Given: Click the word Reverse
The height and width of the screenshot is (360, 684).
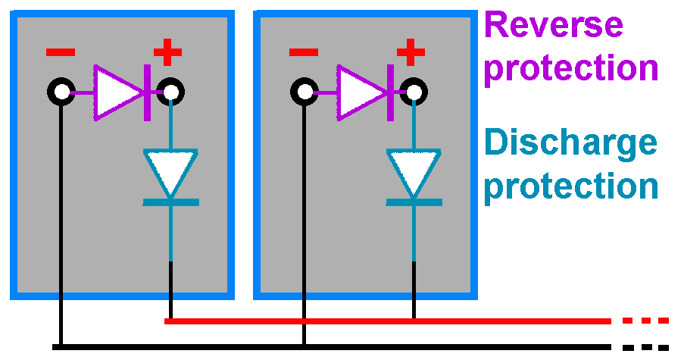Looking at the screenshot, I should [x=554, y=25].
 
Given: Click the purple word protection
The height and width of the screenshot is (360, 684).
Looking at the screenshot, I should [x=571, y=68].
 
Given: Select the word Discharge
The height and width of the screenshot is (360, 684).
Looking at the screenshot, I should [x=570, y=142].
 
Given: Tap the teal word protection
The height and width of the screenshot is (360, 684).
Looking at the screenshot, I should [x=571, y=186].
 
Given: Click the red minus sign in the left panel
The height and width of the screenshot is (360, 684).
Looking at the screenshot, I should [x=61, y=52].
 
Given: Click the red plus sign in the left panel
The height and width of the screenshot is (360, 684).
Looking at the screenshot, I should [x=167, y=53].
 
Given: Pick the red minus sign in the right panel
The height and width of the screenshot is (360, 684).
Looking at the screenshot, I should [x=304, y=52].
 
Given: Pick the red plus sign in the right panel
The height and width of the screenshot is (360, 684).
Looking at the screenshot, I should [x=411, y=53].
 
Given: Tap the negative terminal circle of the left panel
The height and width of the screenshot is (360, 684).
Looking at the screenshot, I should [x=61, y=92].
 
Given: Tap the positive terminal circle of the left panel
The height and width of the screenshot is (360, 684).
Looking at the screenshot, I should [x=170, y=92].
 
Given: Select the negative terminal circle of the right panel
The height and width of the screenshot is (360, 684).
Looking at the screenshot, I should [x=305, y=92].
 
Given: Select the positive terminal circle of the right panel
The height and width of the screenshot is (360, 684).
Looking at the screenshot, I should [x=414, y=92].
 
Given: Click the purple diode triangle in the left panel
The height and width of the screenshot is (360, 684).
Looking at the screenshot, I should [x=116, y=92].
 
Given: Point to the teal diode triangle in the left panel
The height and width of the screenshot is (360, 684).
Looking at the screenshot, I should [x=170, y=171].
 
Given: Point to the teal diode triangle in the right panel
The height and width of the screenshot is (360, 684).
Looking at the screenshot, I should [x=414, y=171].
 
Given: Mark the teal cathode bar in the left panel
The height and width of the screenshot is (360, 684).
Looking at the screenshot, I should [x=171, y=202].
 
